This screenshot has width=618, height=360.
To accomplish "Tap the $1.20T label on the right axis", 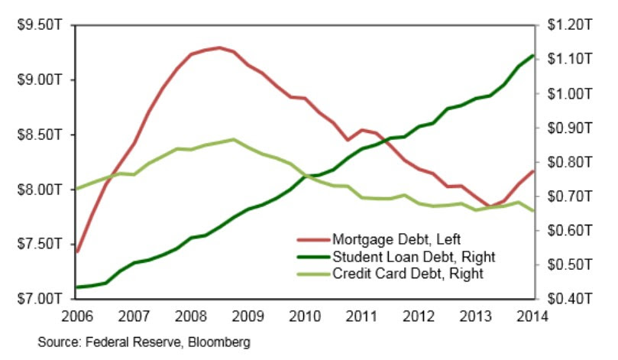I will click(x=565, y=25).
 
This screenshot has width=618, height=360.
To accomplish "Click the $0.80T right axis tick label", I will click(x=565, y=162).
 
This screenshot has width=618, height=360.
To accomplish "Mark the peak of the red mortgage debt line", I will click(x=219, y=48).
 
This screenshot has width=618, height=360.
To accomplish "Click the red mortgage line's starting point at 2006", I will click(x=78, y=251).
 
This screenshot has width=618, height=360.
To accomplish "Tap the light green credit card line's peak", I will click(x=233, y=140).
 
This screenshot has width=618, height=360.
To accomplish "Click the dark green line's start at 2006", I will click(x=78, y=287).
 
